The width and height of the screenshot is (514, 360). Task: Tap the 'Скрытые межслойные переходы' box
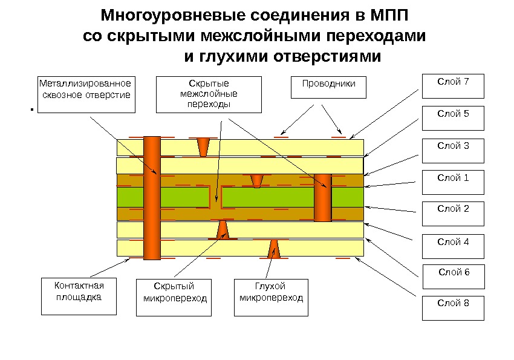click(209, 94)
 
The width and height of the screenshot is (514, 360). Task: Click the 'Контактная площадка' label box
click(79, 296)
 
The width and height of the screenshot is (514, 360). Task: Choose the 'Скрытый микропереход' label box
click(175, 297)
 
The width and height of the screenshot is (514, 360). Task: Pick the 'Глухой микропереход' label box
click(271, 297)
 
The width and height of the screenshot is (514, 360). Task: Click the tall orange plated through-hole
click(152, 198)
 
